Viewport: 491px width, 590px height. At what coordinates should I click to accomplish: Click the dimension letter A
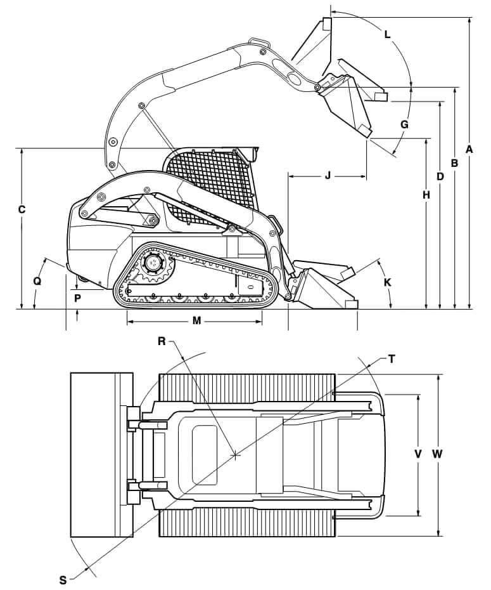click(469, 149)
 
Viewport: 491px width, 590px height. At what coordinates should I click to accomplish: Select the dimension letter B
click(454, 163)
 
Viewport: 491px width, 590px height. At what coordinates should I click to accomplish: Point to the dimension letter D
click(440, 176)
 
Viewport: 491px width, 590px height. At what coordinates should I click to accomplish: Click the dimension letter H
click(426, 195)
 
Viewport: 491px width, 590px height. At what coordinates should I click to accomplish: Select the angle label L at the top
click(388, 35)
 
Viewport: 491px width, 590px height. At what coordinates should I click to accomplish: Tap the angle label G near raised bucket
click(404, 124)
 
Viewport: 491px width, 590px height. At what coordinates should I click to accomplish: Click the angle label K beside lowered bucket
click(388, 282)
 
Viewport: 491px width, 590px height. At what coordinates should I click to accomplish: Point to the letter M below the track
click(196, 321)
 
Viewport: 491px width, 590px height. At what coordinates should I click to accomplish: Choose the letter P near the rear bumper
click(77, 297)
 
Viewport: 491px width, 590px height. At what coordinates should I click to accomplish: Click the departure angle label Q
click(37, 280)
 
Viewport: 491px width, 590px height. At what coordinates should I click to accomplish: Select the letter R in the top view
click(162, 341)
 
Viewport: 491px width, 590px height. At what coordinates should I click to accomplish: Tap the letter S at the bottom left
click(63, 579)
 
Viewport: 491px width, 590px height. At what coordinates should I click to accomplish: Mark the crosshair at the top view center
click(235, 454)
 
